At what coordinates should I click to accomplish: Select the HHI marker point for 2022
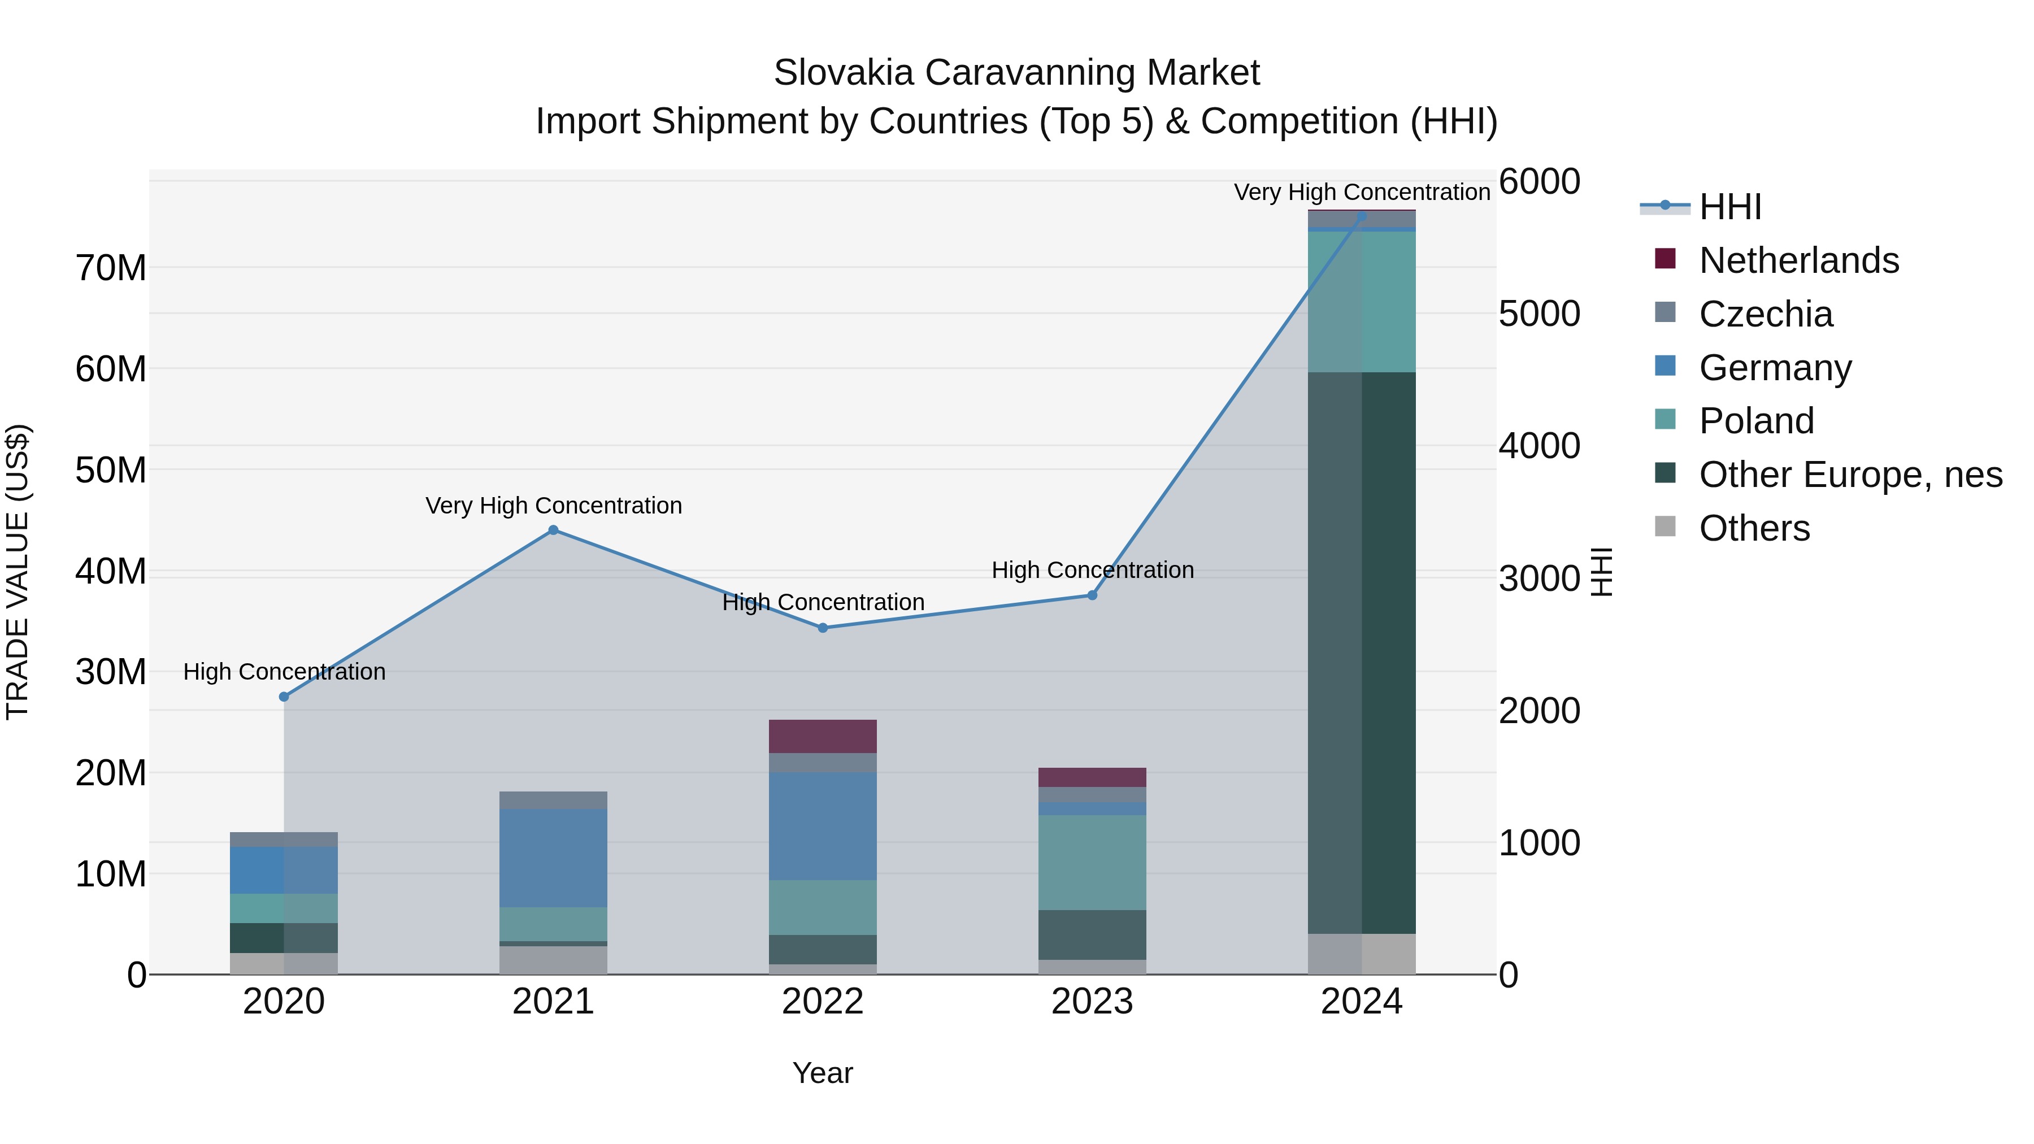(x=822, y=628)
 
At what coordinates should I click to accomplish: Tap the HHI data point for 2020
(x=284, y=697)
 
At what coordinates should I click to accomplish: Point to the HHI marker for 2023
(x=1092, y=594)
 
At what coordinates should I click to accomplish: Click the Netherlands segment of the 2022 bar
(x=822, y=736)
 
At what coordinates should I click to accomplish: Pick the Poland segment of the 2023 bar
(x=1092, y=862)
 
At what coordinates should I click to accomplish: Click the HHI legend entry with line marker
(x=1729, y=207)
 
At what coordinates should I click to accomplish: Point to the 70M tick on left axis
(x=111, y=268)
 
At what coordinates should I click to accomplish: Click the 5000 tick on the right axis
(x=1539, y=314)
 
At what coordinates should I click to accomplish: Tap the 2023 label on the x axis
(x=1092, y=1002)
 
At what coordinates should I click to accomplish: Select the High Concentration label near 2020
(x=284, y=672)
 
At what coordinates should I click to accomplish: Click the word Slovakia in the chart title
(x=844, y=73)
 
